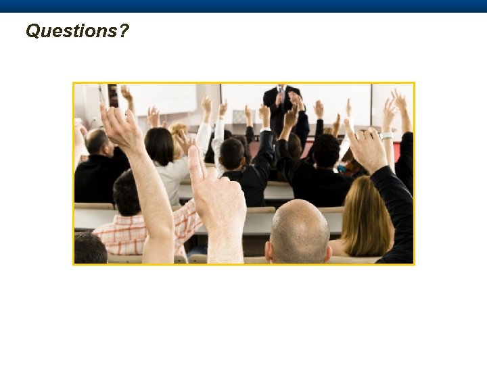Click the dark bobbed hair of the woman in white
tap(160, 145)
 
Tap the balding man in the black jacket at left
tap(99, 169)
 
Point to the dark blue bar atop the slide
tap(243, 6)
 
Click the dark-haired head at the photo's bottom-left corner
tap(89, 249)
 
